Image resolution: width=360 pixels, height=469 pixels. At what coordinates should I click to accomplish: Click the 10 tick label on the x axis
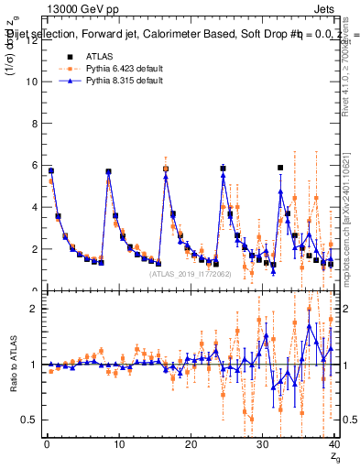(118, 445)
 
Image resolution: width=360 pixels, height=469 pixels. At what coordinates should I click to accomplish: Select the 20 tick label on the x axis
(190, 445)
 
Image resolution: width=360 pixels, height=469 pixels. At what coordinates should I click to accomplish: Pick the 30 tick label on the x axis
(262, 445)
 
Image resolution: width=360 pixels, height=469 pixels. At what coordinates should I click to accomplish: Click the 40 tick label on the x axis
(333, 445)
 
